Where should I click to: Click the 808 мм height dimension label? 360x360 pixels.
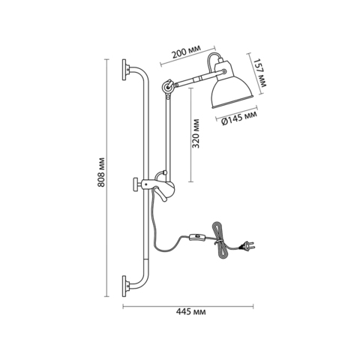[101, 172]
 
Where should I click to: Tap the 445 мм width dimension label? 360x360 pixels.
[191, 312]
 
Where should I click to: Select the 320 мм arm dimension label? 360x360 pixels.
[196, 133]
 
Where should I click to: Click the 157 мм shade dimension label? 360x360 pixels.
[260, 73]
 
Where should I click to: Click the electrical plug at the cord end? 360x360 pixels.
[247, 245]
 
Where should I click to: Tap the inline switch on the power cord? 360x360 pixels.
[198, 237]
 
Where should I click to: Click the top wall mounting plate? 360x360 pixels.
[124, 70]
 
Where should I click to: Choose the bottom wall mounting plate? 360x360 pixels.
[124, 286]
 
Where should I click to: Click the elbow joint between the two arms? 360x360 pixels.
[167, 87]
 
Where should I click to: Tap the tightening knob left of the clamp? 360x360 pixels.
[136, 184]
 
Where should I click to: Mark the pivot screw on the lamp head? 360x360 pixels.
[224, 71]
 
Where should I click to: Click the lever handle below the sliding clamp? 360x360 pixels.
[160, 194]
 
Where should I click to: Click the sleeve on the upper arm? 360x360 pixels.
[197, 79]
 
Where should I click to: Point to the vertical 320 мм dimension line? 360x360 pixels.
[191, 135]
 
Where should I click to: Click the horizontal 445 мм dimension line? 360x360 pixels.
[188, 306]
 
